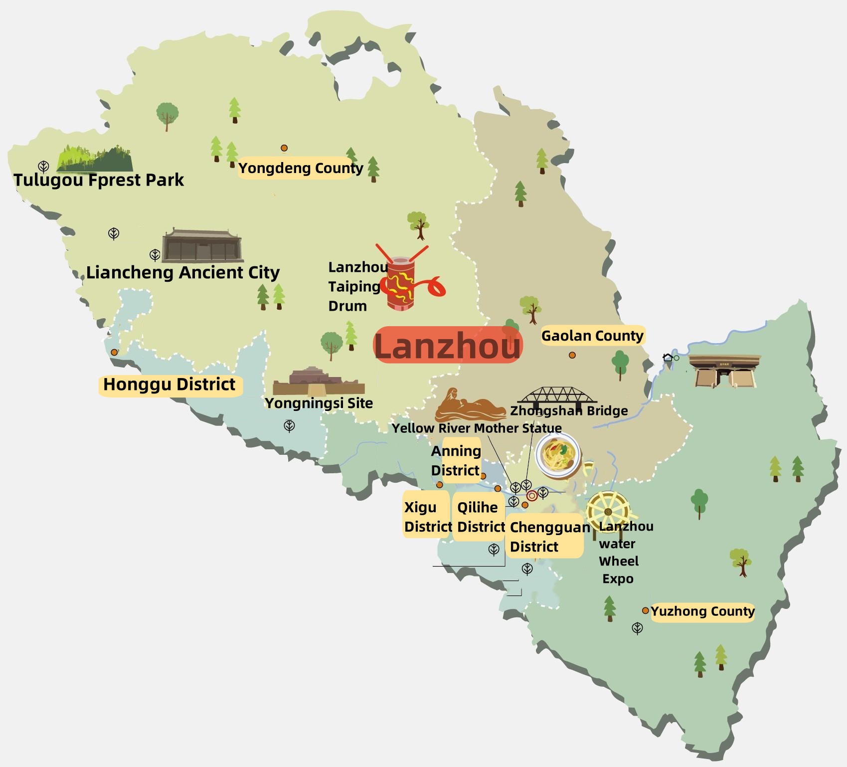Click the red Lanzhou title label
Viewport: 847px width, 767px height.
pyautogui.click(x=447, y=345)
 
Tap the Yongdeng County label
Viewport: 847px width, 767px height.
pyautogui.click(x=300, y=168)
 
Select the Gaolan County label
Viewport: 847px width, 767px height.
pyautogui.click(x=592, y=336)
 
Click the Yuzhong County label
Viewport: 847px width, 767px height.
pyautogui.click(x=702, y=611)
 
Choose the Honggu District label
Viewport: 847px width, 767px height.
pyautogui.click(x=169, y=385)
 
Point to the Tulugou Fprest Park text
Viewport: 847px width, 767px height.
pyautogui.click(x=99, y=180)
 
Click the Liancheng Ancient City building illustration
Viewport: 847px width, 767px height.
pyautogui.click(x=202, y=246)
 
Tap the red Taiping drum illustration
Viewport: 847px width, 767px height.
pyautogui.click(x=401, y=283)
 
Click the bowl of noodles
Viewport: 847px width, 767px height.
pyautogui.click(x=558, y=455)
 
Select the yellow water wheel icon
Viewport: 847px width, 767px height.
pyautogui.click(x=608, y=511)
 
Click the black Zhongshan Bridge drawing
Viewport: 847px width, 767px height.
pyautogui.click(x=557, y=396)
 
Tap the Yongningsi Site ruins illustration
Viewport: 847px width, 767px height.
pyautogui.click(x=318, y=383)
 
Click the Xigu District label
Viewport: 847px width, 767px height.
pyautogui.click(x=426, y=517)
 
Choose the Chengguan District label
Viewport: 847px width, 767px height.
pyautogui.click(x=545, y=537)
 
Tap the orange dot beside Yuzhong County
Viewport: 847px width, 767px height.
pyautogui.click(x=645, y=610)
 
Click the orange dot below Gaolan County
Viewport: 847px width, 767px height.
pyautogui.click(x=572, y=355)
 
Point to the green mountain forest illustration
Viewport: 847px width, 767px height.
pyautogui.click(x=95, y=158)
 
